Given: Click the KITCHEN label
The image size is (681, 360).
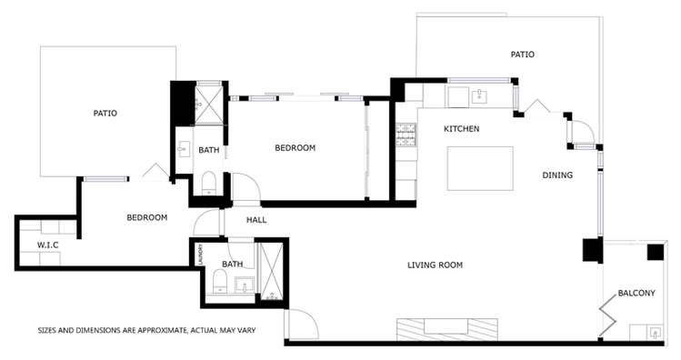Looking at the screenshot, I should coord(461,129).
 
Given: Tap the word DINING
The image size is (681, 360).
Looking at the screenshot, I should coord(557,175).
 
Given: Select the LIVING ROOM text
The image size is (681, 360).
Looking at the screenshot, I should coord(435,265).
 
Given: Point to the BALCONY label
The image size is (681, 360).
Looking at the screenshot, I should coord(636,293).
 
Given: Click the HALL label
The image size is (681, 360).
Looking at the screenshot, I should coord(256,219).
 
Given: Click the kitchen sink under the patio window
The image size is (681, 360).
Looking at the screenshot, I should coord(479,95).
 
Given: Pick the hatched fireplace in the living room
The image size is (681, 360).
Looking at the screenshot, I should coord(447,328).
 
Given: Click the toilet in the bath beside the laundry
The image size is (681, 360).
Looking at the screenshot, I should coord(218,289).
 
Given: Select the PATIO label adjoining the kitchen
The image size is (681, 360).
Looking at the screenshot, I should coord(522,55).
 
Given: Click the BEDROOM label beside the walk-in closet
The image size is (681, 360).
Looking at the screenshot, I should coord(146,217).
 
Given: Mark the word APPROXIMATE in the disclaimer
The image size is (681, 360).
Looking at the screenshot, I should coord(157,330).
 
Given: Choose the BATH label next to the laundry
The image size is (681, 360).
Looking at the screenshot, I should coord(234,265).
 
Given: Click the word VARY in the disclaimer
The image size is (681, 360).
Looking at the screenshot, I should coord(244,330).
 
